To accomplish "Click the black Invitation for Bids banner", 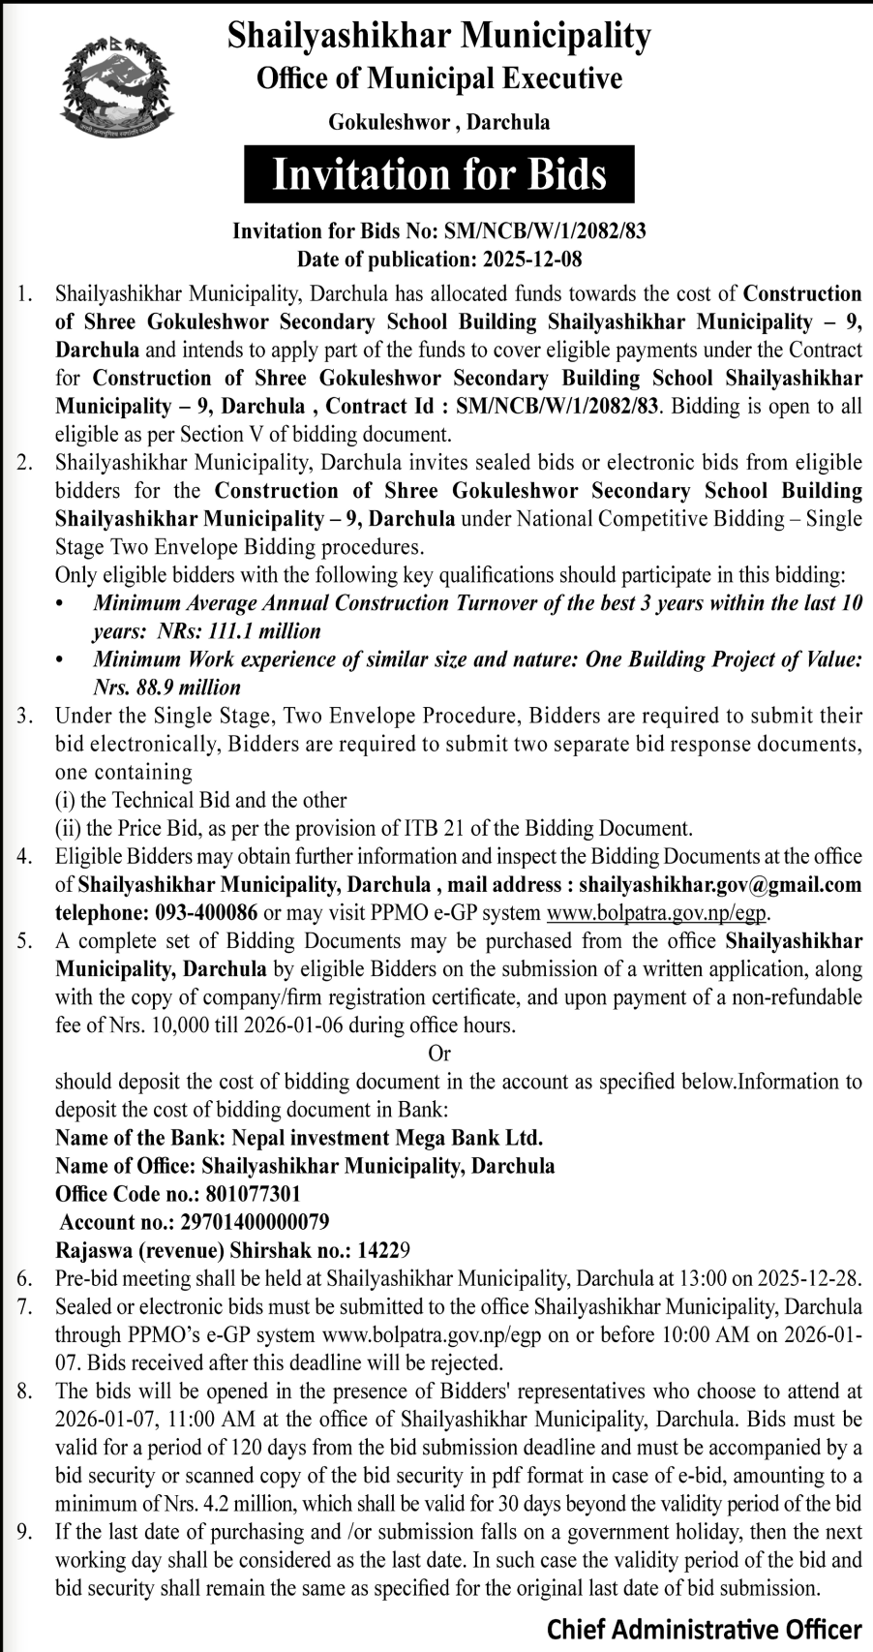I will point(439,174).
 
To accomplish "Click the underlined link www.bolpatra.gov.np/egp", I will point(657,912).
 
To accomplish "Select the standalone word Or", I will point(439,1053).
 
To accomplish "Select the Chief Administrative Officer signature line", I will point(704,1629).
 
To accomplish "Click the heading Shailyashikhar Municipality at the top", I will point(439,36).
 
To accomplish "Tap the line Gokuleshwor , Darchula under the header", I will point(439,122).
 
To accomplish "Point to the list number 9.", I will point(24,1532).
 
